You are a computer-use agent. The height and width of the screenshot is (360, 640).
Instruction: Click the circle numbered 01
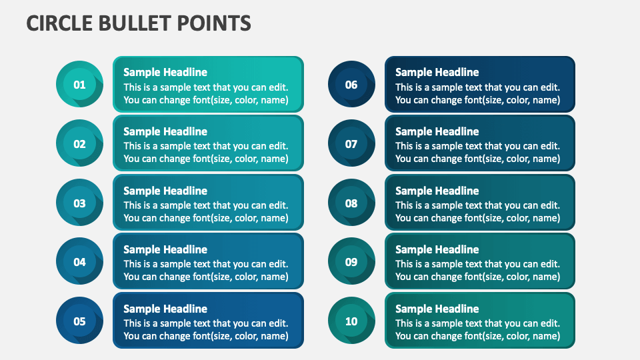pos(79,85)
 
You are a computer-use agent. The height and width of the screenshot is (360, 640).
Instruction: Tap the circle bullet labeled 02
pos(79,144)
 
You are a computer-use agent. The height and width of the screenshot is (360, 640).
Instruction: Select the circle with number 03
pos(79,203)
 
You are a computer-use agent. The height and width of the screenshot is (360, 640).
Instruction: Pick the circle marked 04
pos(79,262)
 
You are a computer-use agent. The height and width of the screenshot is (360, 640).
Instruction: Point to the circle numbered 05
pos(79,321)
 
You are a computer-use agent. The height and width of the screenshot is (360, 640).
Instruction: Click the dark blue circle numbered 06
pos(351,85)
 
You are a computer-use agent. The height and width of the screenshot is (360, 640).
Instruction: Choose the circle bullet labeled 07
pos(351,144)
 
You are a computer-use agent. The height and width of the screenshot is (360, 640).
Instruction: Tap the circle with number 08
pos(351,203)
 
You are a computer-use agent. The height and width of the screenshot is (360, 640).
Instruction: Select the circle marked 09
pos(351,262)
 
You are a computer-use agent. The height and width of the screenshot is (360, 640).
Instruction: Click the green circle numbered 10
pos(351,321)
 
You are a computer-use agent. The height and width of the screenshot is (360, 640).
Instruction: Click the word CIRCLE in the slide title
pos(59,23)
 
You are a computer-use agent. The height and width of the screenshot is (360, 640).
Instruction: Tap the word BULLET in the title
pos(135,23)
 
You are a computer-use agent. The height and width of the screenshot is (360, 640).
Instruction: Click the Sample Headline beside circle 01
pos(165,72)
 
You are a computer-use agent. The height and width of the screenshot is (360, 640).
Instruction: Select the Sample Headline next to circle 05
pos(165,309)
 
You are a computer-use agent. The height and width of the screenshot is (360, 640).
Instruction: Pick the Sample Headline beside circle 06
pos(437,72)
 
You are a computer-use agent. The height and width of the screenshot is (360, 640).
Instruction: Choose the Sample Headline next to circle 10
pos(437,309)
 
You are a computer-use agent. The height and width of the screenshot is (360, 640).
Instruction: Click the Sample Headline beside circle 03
pos(165,191)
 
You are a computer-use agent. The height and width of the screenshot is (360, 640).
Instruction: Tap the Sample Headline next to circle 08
pos(437,191)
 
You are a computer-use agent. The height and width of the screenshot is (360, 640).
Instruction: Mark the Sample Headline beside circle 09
pos(437,249)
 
